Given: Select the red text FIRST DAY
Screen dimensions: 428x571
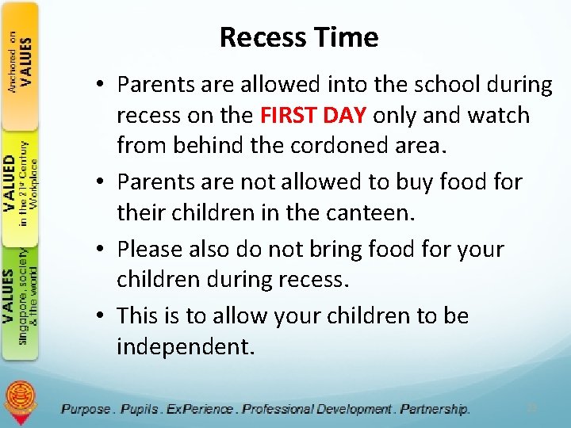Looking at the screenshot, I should (x=312, y=116).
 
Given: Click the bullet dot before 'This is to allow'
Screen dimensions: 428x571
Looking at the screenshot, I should (x=104, y=316).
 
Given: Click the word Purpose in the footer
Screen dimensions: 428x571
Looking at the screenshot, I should (x=86, y=409).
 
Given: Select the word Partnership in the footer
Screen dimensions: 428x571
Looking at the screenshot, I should (x=435, y=409).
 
